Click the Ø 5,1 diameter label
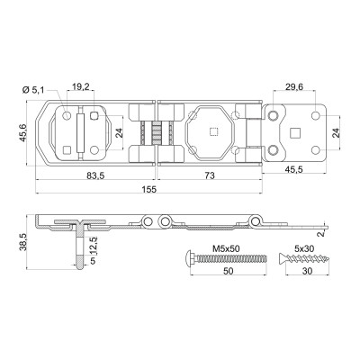pos(33,90)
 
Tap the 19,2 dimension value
pos(81,86)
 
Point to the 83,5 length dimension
pos(95,175)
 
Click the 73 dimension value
pos(210,175)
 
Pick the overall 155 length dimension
pos(149,190)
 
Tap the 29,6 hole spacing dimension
pos(294,86)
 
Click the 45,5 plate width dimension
pos(294,169)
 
